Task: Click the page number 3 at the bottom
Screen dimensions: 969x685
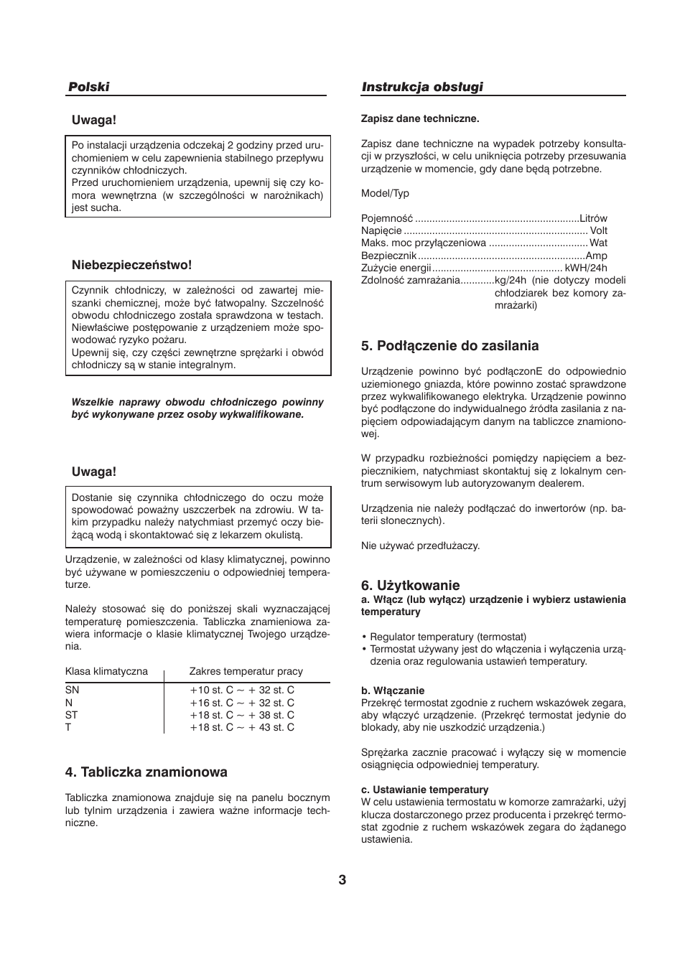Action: [342, 880]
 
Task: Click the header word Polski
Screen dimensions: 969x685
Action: [89, 87]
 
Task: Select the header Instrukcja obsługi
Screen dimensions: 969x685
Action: [422, 87]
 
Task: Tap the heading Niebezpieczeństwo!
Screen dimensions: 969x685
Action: [131, 265]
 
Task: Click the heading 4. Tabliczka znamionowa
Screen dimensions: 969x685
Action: [146, 772]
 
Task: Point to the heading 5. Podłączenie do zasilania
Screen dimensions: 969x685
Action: [449, 346]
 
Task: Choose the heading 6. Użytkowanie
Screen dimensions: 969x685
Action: [410, 586]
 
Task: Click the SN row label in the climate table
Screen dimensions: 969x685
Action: [72, 690]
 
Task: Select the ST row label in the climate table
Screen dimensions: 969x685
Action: [71, 715]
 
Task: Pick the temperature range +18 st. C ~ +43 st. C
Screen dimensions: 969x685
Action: [242, 727]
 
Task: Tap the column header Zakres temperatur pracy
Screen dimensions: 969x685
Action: [246, 671]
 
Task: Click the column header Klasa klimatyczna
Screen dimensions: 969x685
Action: [106, 671]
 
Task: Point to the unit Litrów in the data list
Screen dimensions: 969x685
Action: [593, 218]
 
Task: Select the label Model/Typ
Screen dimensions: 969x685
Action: [385, 193]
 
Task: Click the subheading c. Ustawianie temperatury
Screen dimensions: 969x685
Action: [424, 790]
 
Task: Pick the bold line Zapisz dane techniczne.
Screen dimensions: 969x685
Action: [420, 118]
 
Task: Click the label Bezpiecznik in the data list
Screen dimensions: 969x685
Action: [388, 256]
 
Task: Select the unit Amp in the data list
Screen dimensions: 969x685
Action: [596, 256]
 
